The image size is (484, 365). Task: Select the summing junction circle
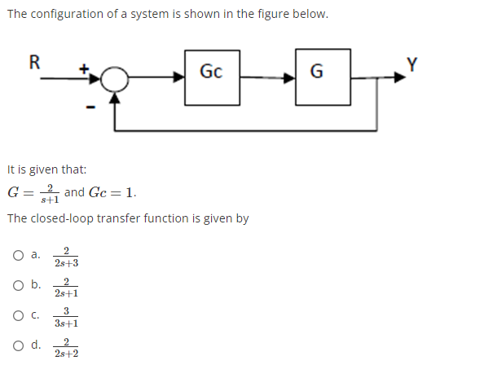[x=117, y=78]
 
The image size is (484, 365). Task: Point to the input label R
[x=34, y=60]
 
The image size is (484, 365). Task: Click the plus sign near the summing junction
[x=82, y=69]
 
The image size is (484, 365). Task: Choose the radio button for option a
[x=17, y=255]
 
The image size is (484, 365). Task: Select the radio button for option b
[x=17, y=285]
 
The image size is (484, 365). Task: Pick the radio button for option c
[x=17, y=315]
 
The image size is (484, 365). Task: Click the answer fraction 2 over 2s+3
[x=66, y=257]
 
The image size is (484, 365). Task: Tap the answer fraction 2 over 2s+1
[x=66, y=287]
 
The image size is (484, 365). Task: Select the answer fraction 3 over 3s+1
[x=66, y=317]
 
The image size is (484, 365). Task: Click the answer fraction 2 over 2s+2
[x=66, y=347]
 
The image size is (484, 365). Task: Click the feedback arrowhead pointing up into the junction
[x=117, y=98]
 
